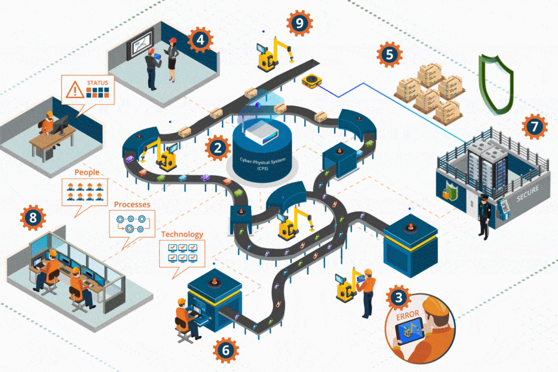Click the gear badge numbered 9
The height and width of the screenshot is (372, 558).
coord(300,23)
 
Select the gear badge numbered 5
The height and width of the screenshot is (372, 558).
coord(389,55)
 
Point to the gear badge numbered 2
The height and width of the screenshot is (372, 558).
coord(218,148)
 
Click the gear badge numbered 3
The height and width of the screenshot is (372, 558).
coord(398,297)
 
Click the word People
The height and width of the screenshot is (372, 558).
coord(86,172)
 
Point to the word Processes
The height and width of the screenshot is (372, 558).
coord(132,205)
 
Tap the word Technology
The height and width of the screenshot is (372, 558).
coord(182,234)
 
